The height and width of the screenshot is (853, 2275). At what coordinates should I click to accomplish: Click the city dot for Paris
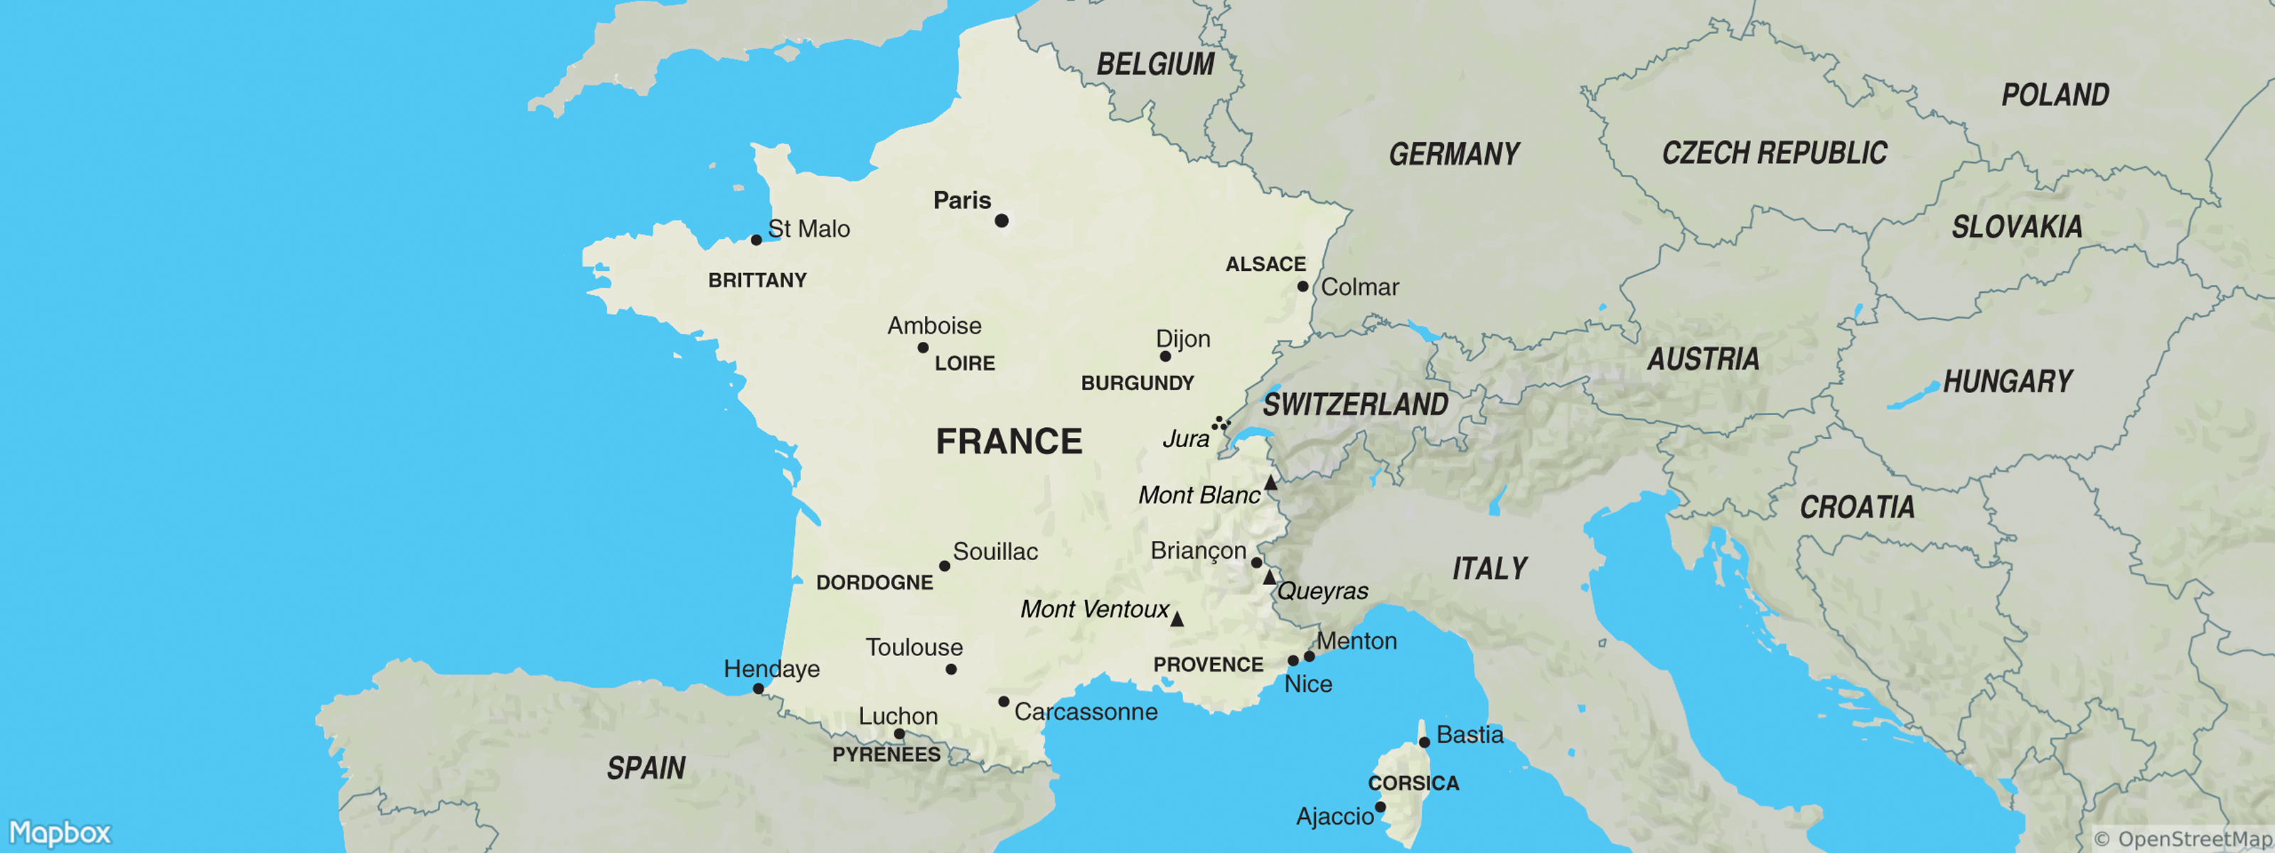click(1002, 221)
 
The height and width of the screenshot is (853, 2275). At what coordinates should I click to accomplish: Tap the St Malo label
click(808, 229)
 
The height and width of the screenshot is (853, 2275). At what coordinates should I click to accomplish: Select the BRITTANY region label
click(757, 280)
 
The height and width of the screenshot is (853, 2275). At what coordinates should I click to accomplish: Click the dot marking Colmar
click(1302, 286)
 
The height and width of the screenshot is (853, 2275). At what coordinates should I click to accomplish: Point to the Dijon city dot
click(1165, 357)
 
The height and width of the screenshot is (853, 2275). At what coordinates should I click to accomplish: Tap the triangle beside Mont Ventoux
click(1177, 620)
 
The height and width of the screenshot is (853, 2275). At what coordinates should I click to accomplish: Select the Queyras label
click(1322, 591)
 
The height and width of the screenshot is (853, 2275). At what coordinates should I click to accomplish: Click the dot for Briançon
click(1257, 562)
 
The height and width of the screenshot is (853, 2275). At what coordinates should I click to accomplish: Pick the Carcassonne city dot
click(1003, 702)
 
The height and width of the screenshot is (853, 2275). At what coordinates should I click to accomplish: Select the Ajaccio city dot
click(1381, 807)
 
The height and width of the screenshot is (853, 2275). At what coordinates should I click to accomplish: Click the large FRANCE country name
click(1009, 441)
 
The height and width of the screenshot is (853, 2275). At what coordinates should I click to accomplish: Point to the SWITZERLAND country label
click(1355, 404)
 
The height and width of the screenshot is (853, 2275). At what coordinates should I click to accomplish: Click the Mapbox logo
click(60, 832)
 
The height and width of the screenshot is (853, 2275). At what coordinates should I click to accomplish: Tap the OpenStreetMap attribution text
click(2183, 838)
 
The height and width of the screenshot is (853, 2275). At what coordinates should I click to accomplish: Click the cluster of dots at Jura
click(1221, 424)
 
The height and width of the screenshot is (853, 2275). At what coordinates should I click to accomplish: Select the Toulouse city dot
click(951, 670)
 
